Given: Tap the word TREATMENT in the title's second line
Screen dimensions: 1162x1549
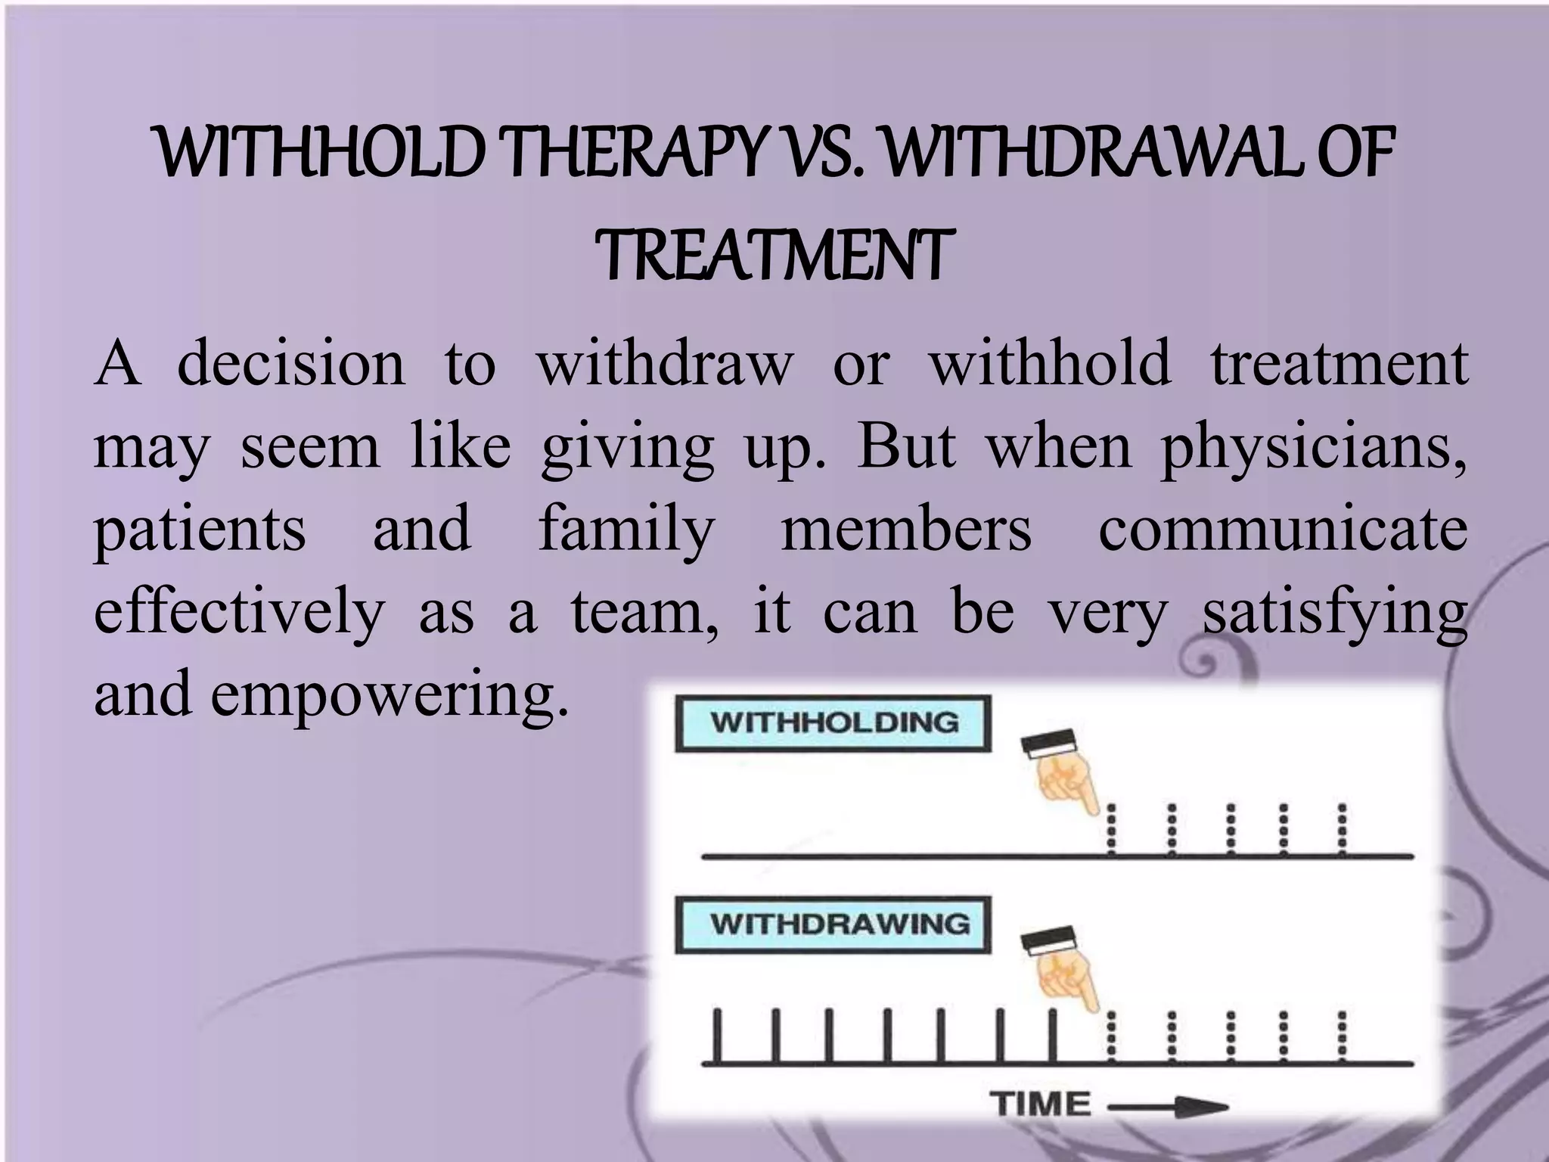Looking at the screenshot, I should coord(774,255).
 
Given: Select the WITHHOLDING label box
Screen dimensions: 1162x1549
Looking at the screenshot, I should coord(833,723).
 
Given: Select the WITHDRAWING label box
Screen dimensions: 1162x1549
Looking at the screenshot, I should coord(833,924).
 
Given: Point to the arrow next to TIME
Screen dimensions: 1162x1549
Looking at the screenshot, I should coord(1169,1108).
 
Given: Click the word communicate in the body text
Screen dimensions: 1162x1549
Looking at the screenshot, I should coord(1283,530).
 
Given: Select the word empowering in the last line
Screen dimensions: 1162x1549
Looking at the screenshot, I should coord(389,694).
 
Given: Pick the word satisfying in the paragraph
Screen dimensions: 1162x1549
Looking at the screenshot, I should coord(1335,613).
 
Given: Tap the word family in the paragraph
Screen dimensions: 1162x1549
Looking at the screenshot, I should coord(627,530).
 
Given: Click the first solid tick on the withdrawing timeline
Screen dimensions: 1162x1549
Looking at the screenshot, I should coord(718,1036).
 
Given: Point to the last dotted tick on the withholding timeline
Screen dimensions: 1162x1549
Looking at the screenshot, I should coord(1342,830).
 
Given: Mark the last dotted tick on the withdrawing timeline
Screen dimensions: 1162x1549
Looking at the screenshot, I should coord(1342,1036).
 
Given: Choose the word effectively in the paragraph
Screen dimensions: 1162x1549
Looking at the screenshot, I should coord(239,613).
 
